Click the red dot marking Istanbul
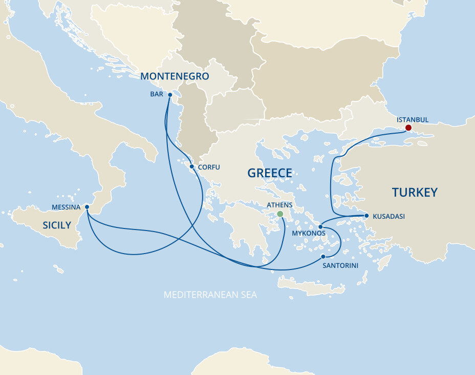pos(408,128)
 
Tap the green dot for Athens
pos(279,214)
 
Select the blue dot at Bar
pos(170,95)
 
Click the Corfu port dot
pos(191,166)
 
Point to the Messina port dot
pos(87,207)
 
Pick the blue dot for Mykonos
pos(320,227)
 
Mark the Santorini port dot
pos(323,256)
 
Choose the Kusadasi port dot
pos(366,216)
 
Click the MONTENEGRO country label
pos(175,76)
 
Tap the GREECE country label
pos(270,173)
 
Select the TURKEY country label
pos(415,192)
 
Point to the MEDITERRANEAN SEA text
pos(210,295)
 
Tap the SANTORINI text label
pos(340,266)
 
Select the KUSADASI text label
pos(388,217)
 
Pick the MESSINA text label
pos(66,207)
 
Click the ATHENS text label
pos(280,205)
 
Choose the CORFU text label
pos(209,167)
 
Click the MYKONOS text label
pos(309,234)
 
